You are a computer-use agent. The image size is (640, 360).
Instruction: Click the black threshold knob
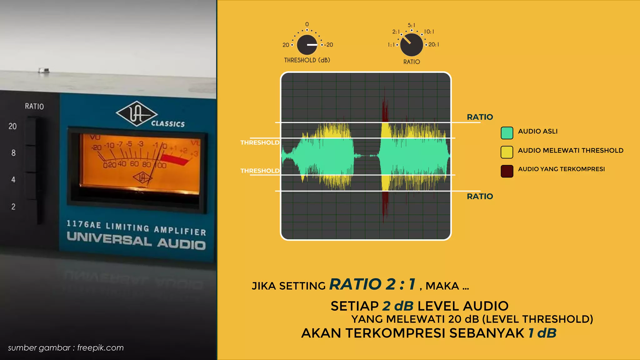[x=307, y=45]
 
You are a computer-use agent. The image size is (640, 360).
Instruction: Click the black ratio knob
[x=411, y=45]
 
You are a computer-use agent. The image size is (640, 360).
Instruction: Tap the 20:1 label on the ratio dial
[x=434, y=45]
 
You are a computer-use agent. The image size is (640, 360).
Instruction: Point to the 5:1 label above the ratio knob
[x=412, y=25]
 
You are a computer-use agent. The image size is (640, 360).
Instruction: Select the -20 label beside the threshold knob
[x=328, y=45]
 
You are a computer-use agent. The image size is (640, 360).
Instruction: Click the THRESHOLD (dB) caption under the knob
[x=307, y=60]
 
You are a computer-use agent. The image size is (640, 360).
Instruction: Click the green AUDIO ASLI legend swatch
[x=507, y=133]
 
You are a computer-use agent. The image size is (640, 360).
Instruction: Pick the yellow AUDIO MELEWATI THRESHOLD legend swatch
[x=507, y=152]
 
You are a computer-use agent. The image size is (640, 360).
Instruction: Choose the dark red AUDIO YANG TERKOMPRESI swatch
[x=507, y=171]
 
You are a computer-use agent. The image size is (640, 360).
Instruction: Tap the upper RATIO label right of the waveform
[x=480, y=117]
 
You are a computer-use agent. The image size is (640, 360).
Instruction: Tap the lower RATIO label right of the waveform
[x=480, y=196]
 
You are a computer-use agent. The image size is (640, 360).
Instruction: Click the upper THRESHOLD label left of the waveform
[x=260, y=142]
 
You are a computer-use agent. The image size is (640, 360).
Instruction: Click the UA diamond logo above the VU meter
[x=136, y=114]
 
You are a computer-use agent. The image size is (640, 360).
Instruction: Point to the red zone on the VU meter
[x=175, y=159]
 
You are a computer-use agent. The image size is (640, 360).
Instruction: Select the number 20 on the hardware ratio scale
[x=12, y=126]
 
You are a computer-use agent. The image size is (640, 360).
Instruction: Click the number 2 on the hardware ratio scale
[x=13, y=207]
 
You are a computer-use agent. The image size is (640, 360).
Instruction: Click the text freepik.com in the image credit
[x=100, y=348]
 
